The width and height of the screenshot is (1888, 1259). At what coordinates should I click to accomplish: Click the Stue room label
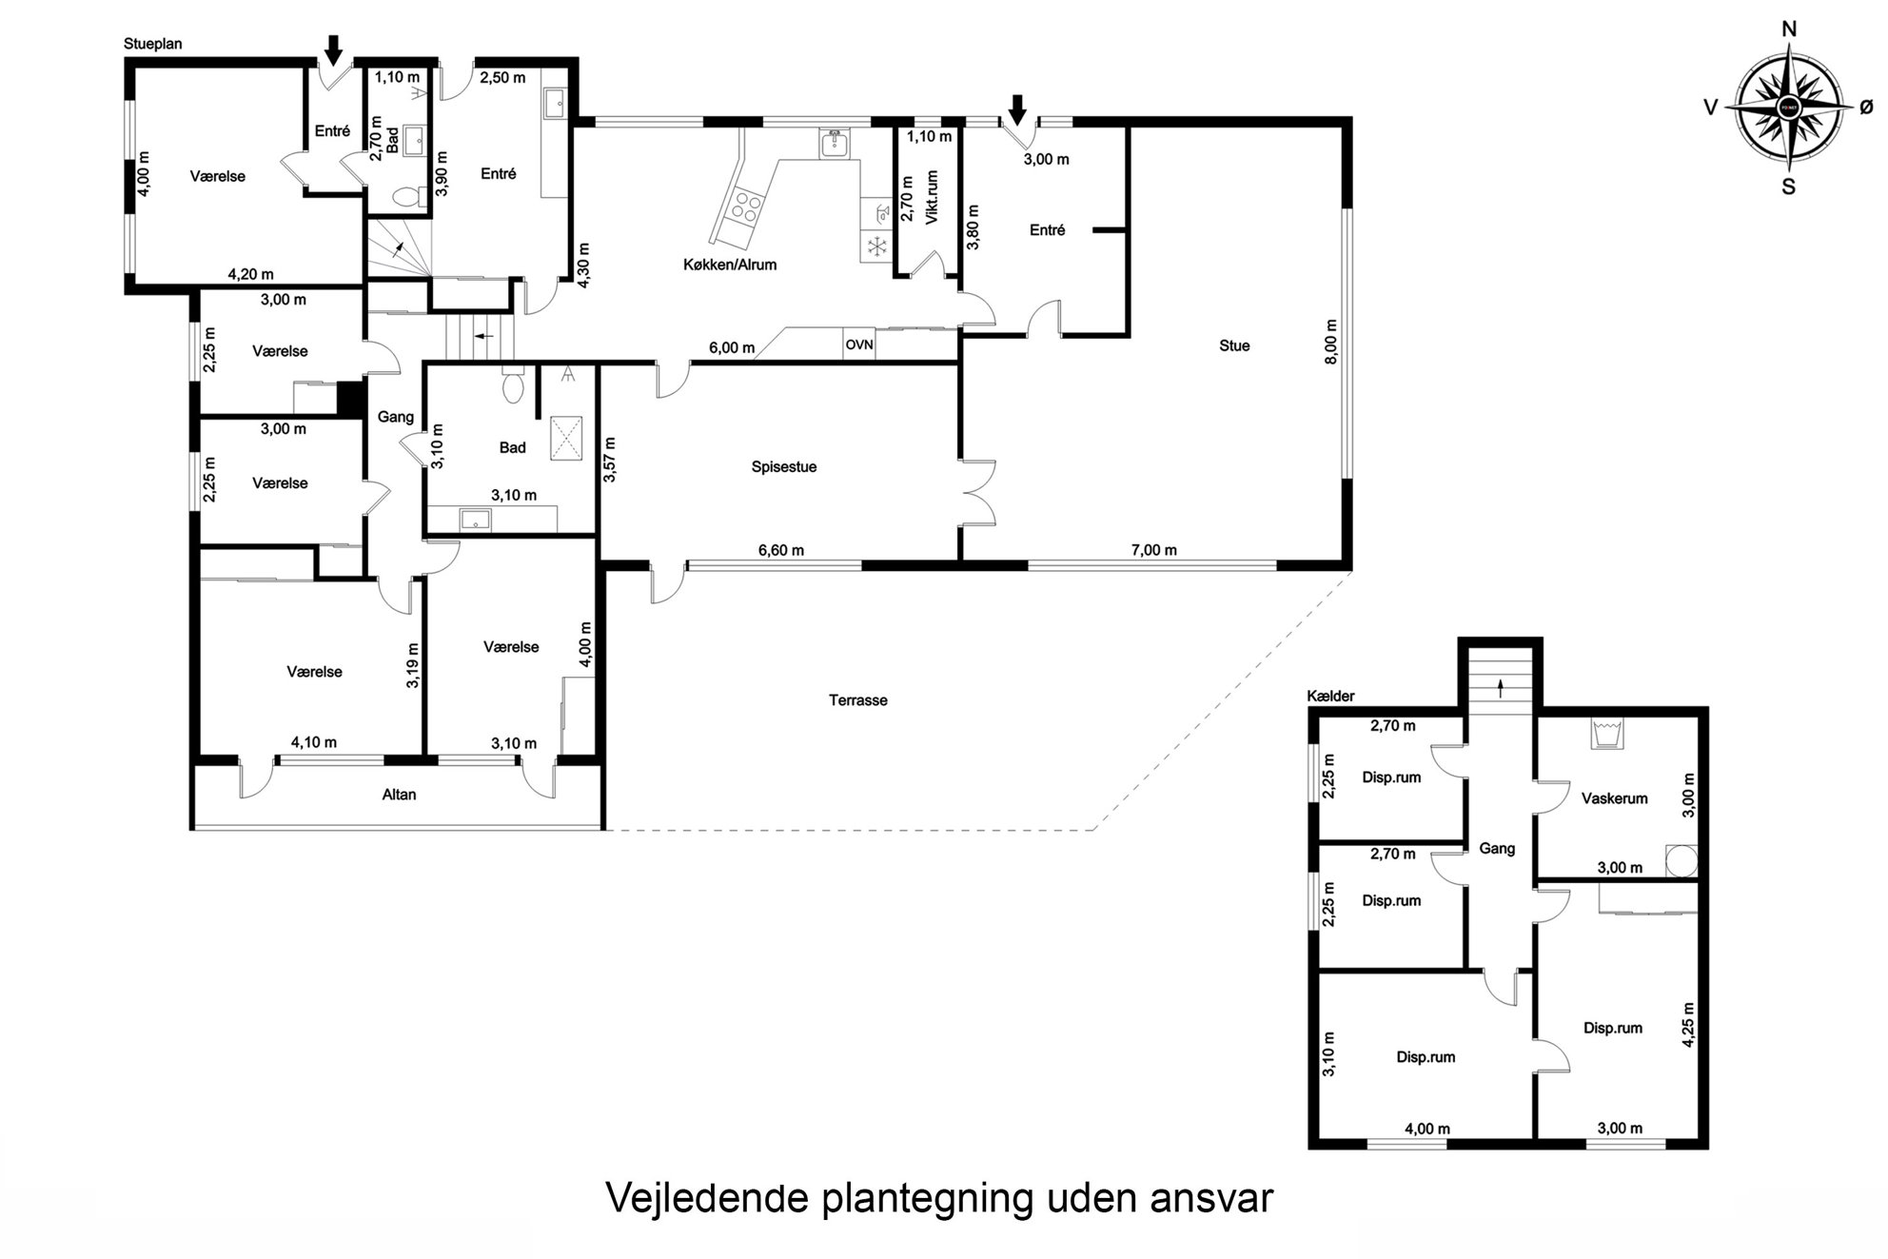1234,346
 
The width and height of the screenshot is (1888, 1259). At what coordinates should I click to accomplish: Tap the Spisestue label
784,467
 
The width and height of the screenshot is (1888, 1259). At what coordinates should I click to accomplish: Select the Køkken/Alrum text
730,265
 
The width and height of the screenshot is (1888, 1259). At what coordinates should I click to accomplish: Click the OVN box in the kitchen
859,344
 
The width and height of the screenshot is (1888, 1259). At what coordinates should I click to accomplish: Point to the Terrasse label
858,700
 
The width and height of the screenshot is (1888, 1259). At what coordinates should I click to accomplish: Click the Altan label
399,795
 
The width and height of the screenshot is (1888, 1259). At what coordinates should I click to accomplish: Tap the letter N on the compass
1789,30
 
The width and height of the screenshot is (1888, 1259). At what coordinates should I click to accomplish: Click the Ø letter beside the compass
1866,108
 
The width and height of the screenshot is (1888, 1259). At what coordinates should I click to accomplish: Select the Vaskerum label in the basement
1615,798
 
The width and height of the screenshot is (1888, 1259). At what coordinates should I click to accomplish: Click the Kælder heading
1331,697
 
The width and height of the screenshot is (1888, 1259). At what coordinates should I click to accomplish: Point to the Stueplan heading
152,44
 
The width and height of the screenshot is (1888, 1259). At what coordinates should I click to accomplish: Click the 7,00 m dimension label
1153,550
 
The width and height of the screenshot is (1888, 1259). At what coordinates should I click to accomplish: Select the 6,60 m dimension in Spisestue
780,550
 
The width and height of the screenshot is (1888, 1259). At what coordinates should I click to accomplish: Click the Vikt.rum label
932,197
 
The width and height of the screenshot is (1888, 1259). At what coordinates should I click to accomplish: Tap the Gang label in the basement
1497,849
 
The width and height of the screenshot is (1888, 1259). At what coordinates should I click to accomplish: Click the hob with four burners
743,207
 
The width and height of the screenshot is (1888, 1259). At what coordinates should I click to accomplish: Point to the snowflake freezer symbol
876,247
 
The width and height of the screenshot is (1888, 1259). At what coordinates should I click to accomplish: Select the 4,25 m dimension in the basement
1688,1024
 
